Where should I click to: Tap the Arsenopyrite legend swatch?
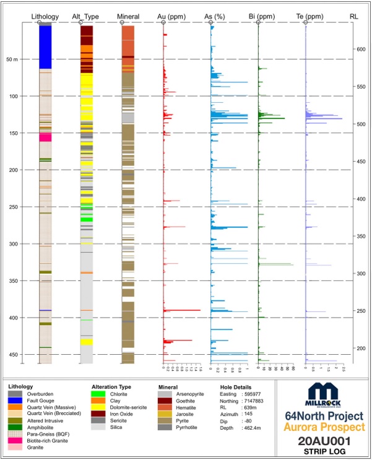165,394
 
